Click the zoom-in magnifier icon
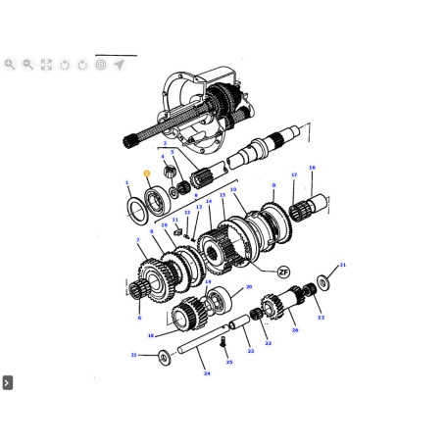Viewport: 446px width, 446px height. click(x=10, y=65)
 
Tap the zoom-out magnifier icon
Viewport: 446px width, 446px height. click(x=27, y=65)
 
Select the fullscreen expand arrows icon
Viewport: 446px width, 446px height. click(x=46, y=65)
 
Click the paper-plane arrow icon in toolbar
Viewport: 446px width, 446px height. click(x=119, y=65)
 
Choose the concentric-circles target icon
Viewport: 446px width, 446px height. click(x=101, y=65)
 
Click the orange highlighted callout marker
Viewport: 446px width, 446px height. click(x=146, y=174)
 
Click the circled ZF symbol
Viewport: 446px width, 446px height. click(x=283, y=270)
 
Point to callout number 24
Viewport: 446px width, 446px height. click(x=207, y=372)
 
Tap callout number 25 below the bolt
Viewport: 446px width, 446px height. click(x=229, y=362)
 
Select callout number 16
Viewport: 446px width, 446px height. click(x=312, y=168)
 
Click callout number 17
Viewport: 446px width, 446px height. click(x=292, y=176)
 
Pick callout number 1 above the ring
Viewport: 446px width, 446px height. click(x=126, y=182)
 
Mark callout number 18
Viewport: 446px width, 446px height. click(x=151, y=335)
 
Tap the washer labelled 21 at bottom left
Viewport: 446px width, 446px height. click(x=163, y=356)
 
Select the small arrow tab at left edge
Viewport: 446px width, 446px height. click(x=7, y=382)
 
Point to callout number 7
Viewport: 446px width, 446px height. click(x=138, y=240)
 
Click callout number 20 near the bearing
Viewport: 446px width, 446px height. click(x=249, y=287)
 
